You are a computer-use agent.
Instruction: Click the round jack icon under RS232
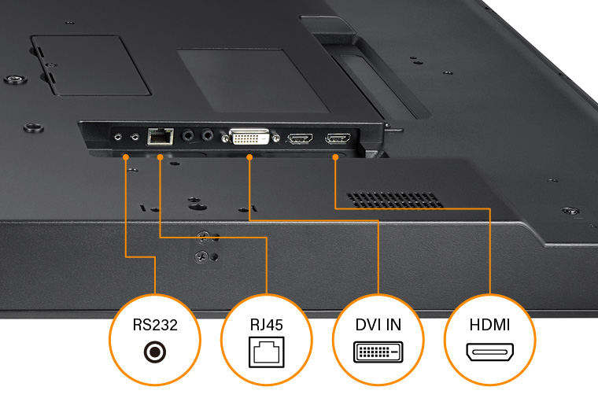(155, 352)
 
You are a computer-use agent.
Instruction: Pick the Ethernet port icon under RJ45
(268, 353)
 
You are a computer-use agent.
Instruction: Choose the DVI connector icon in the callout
(378, 352)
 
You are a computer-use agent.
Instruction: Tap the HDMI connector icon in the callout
(490, 352)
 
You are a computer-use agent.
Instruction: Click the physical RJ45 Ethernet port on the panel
(161, 136)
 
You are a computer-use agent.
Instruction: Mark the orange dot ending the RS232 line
(126, 157)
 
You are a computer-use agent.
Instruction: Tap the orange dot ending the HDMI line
(336, 157)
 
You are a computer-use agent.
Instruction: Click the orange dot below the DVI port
(249, 157)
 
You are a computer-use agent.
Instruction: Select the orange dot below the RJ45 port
(160, 157)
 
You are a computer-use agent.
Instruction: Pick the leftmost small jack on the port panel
(118, 136)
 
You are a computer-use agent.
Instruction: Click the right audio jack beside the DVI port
(208, 135)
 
